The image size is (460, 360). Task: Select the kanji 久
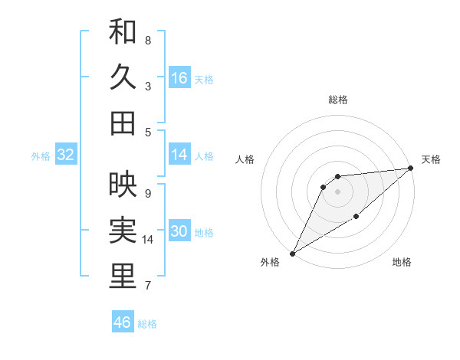123,78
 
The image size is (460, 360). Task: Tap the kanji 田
123,123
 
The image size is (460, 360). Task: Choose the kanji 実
123,231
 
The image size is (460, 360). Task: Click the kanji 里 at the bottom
123,277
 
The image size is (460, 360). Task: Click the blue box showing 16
179,78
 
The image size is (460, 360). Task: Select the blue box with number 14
179,155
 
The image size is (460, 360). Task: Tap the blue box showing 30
179,232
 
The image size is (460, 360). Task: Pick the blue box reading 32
65,155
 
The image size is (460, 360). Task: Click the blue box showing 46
122,322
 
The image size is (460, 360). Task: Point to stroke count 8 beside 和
147,40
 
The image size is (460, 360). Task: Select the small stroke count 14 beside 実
149,240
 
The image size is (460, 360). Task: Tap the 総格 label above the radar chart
337,100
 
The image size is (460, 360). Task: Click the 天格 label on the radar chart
431,159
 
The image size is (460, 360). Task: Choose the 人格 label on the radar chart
245,159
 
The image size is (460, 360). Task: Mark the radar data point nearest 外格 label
292,253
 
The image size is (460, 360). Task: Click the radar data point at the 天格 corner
410,168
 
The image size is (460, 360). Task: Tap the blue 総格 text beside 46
147,324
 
